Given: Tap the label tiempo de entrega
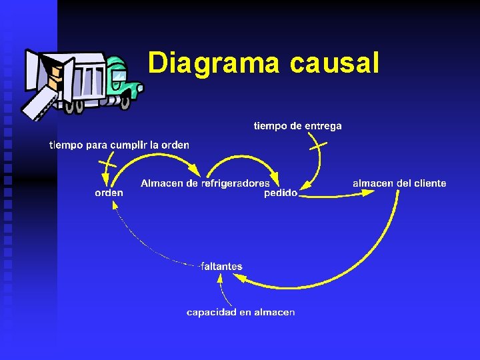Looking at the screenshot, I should tap(297, 125).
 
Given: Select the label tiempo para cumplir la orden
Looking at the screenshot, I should tap(119, 145).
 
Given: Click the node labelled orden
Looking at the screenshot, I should tap(109, 193).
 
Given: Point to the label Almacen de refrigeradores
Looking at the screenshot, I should tap(205, 183).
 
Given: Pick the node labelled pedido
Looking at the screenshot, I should tap(281, 193).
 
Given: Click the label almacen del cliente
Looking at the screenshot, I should tap(399, 183).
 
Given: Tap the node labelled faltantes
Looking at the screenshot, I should tap(221, 266).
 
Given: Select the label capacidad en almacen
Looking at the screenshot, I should tap(241, 312).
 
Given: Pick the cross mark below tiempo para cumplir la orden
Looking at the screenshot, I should tap(107, 162).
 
